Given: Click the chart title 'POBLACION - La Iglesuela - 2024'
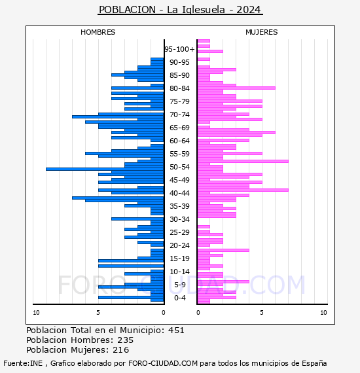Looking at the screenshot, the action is click(180, 10).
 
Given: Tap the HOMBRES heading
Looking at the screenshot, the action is click(98, 32).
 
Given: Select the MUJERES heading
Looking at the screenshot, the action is click(262, 32).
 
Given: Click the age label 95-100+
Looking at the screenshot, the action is click(179, 49).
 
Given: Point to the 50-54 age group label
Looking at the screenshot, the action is click(179, 167).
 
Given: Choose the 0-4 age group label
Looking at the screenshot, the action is click(180, 298).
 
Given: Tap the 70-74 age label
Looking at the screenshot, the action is click(179, 115).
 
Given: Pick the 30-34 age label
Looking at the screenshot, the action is click(179, 219).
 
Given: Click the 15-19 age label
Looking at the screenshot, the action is click(179, 258).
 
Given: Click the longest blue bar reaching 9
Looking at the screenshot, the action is click(105, 169).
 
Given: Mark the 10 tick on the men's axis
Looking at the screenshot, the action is click(36, 313).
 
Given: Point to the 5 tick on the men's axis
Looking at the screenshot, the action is click(98, 313).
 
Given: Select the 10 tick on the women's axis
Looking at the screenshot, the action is click(323, 313).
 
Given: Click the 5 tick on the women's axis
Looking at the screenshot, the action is click(262, 313).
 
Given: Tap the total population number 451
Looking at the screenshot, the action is click(176, 330).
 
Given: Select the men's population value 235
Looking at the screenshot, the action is click(126, 340).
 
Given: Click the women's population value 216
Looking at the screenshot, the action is click(121, 350).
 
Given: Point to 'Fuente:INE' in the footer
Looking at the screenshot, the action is click(23, 363).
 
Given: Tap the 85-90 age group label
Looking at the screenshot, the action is click(179, 75).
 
